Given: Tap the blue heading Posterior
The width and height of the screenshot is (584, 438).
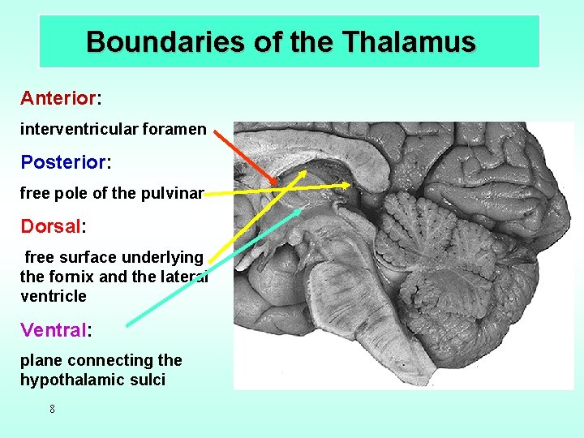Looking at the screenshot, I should [63, 162].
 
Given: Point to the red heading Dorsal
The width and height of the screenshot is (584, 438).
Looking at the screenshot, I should [49, 225].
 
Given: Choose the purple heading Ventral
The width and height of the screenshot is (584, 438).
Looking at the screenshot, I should [54, 329].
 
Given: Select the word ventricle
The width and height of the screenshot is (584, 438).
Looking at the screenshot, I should [53, 296].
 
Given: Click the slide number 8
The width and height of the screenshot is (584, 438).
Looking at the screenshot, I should [52, 410].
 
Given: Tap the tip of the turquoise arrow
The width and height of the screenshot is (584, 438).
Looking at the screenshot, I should [301, 209].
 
